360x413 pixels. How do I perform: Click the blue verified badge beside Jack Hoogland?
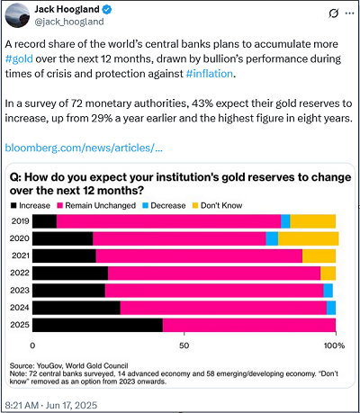pos(107,10)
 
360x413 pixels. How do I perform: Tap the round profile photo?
pos(17,15)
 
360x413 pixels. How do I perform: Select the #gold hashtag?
pos(19,58)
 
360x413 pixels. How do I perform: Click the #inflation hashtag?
pos(209,74)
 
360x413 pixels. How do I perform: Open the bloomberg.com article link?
pos(84,148)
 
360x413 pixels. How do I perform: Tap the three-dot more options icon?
pos(350,13)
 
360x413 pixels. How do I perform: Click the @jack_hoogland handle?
pos(69,22)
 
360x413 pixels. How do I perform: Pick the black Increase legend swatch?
pos(13,205)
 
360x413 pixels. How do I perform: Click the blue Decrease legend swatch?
pos(146,205)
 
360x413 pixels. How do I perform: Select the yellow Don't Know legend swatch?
pos(195,205)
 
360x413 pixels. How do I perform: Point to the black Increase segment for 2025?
pos(97,325)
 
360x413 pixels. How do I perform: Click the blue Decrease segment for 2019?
pos(285,221)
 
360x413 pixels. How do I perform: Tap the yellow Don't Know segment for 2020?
pos(309,238)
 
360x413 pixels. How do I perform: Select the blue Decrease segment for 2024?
pos(331,308)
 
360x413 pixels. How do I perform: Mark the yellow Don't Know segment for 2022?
pos(328,274)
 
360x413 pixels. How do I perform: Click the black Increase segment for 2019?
pos(45,221)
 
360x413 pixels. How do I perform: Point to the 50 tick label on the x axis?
pos(184,346)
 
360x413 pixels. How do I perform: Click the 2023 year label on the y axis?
pos(20,291)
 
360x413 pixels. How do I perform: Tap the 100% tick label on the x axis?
pos(334,346)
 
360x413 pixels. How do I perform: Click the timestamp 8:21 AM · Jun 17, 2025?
pos(51,405)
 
